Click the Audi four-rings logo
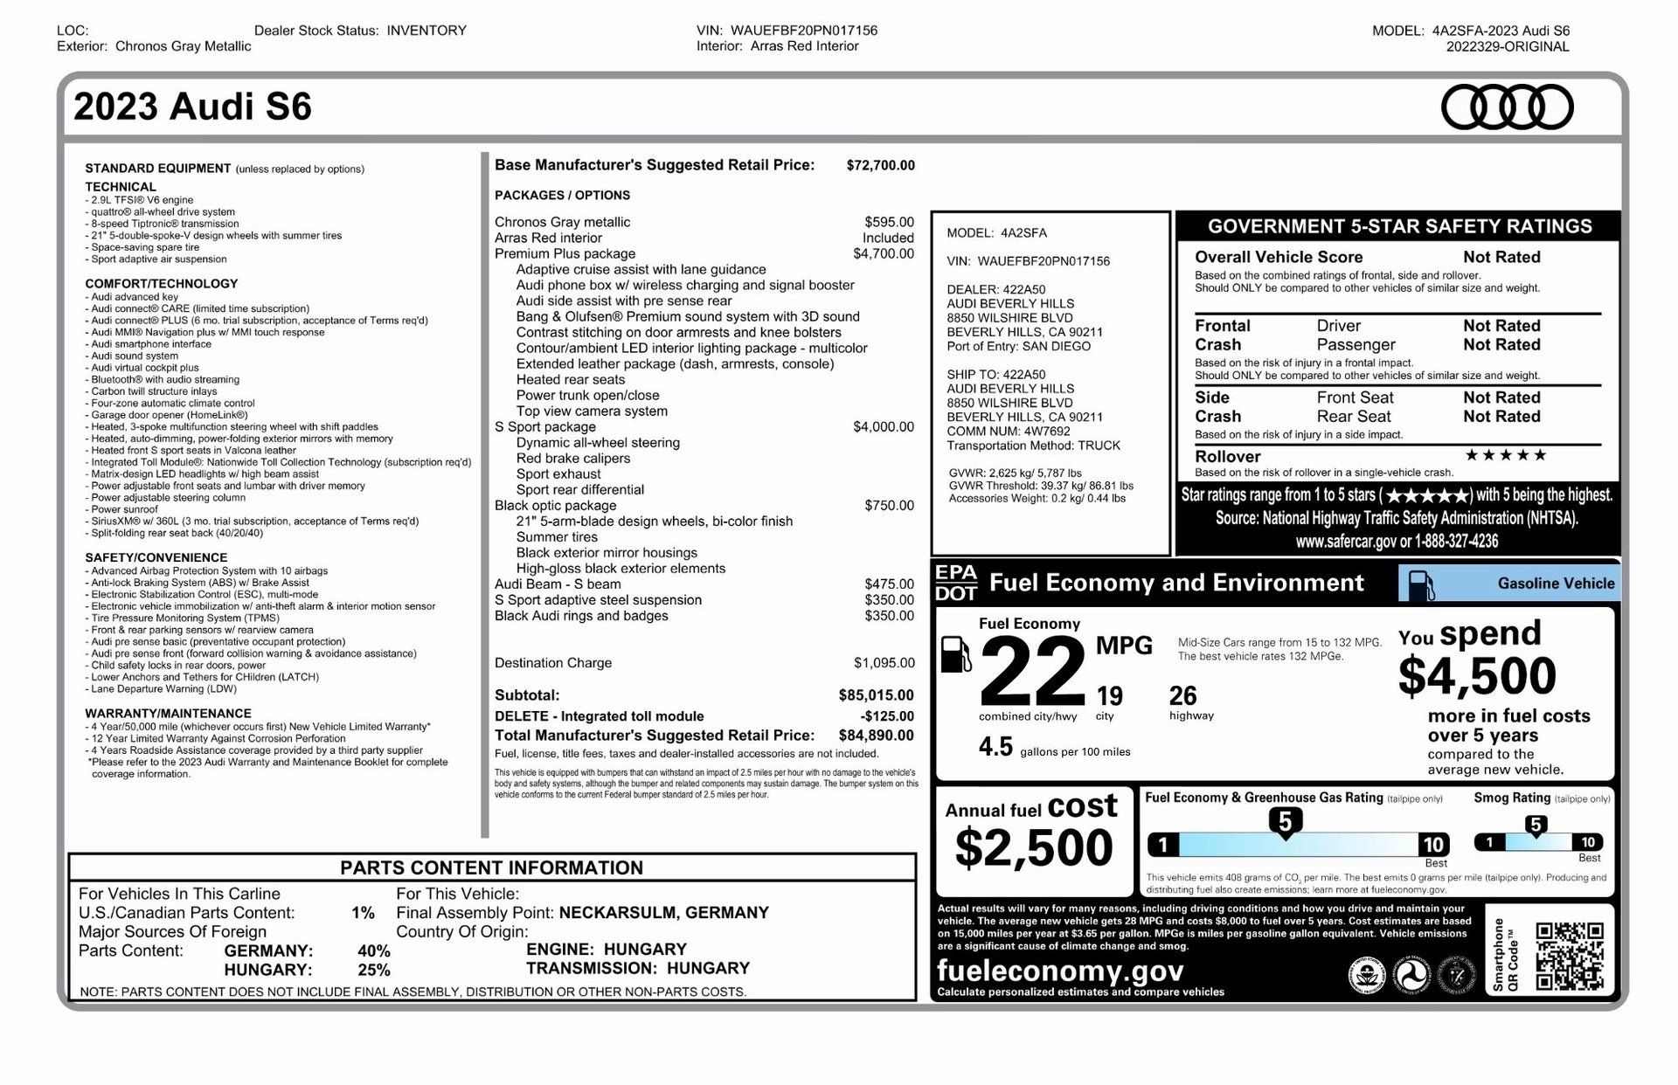pos(1507,107)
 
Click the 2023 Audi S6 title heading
pos(192,107)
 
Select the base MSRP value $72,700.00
pos(880,165)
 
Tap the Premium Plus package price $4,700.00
pos(883,254)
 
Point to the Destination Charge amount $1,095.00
pos(884,663)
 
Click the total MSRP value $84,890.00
pos(876,736)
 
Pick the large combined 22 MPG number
pos(1032,672)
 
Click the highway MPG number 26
pos(1182,696)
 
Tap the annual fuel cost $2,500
pos(1033,847)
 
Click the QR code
pos(1570,957)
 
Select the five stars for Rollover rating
pos(1505,455)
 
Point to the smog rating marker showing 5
pos(1536,825)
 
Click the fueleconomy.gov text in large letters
pos(1059,971)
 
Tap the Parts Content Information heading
pos(491,867)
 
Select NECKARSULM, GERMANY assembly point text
pos(663,913)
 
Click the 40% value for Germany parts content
pos(373,950)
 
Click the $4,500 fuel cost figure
pos(1476,676)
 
